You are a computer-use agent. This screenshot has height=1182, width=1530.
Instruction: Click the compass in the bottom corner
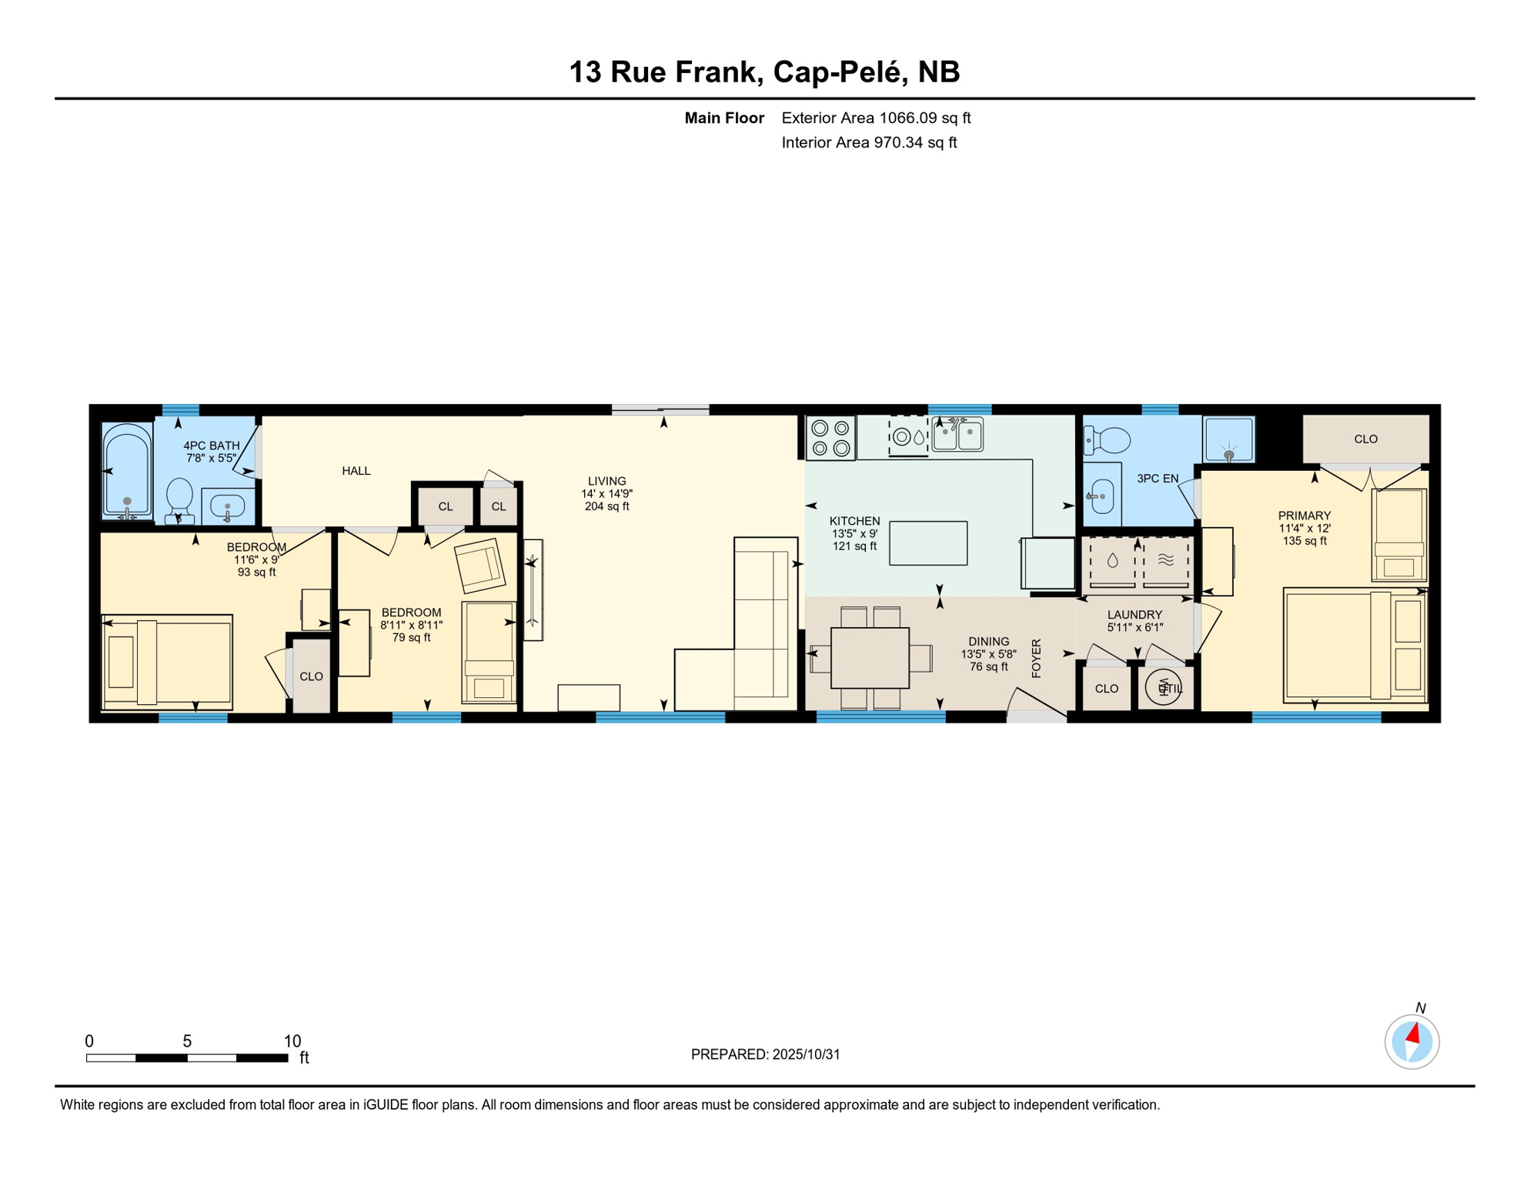click(1411, 1042)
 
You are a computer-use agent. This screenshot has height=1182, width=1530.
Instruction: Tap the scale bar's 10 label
click(292, 1041)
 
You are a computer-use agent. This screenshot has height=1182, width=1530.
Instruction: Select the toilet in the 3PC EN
click(1108, 441)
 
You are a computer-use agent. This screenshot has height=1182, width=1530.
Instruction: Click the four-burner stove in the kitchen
click(830, 438)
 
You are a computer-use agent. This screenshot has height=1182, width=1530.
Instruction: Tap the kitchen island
click(927, 543)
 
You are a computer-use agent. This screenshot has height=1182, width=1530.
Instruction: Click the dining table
click(870, 658)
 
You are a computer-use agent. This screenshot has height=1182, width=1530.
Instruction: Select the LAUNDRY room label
click(1134, 615)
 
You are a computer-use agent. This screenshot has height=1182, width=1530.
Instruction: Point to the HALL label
click(356, 471)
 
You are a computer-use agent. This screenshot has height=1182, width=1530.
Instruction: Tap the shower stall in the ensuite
click(1228, 439)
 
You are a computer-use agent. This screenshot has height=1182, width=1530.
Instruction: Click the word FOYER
click(1036, 658)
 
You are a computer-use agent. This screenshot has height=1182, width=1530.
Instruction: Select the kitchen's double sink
click(957, 436)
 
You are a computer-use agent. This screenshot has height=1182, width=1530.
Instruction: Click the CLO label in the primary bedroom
click(1365, 439)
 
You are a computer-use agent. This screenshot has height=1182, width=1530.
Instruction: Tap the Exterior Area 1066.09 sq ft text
click(876, 118)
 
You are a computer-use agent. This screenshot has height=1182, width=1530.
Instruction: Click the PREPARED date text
click(765, 1054)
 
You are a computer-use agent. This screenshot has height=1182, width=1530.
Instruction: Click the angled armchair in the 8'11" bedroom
click(479, 565)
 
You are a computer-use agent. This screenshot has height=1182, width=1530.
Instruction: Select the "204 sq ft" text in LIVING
click(606, 506)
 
